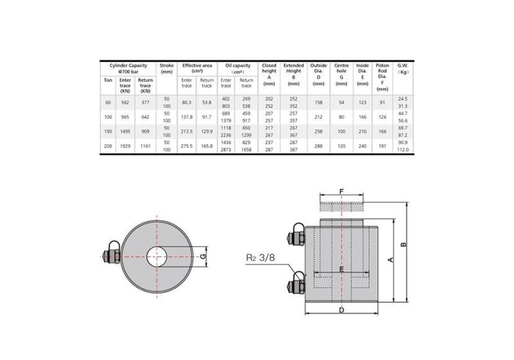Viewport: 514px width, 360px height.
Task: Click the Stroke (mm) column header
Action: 166,69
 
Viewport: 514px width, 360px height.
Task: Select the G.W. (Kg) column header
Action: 403,69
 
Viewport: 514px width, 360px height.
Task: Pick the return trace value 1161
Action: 145,147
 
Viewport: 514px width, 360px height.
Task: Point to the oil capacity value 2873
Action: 226,150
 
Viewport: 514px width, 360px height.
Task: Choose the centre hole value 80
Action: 341,116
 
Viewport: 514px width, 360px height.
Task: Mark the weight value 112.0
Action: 403,150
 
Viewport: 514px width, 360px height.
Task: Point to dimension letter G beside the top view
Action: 203,256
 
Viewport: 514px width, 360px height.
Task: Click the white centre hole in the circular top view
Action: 155,256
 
